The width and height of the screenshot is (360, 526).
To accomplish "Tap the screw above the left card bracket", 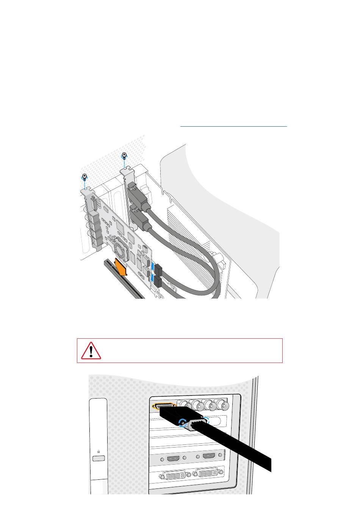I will tap(85, 176).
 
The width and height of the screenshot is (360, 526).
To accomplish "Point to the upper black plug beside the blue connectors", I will tap(158, 270).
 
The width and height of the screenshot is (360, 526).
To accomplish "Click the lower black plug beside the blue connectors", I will tap(158, 282).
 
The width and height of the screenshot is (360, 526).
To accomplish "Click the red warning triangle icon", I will tap(91, 350).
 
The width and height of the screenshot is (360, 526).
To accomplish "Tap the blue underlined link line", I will tap(233, 126).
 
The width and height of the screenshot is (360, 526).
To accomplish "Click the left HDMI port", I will tap(174, 458).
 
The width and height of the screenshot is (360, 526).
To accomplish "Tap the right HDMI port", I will tap(209, 456).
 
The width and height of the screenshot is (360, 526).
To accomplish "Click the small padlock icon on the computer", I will tap(99, 452).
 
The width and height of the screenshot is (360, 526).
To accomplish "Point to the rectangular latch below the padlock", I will tap(99, 458).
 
